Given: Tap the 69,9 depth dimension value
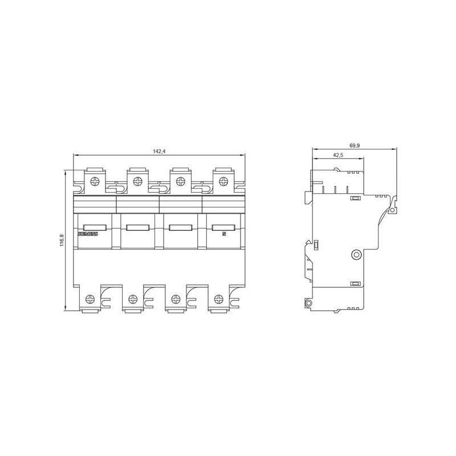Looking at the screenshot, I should (355, 146).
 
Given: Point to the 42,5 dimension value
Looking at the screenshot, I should (338, 156).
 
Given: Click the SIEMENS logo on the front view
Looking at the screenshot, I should (88, 234).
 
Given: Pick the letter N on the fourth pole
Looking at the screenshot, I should (223, 234).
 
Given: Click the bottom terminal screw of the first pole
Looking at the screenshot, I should (89, 298).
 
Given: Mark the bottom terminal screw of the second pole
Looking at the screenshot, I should (133, 298).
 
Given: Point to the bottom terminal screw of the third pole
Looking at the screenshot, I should (176, 298).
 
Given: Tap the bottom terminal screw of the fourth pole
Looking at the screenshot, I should (219, 298).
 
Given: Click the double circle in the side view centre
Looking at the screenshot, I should (357, 254).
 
